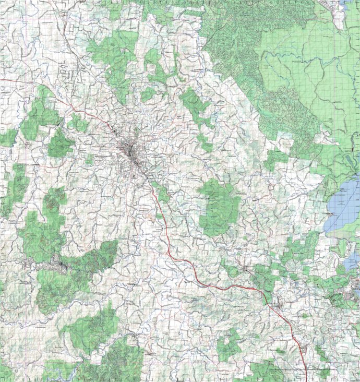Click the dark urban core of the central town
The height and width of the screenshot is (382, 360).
pos(129,151)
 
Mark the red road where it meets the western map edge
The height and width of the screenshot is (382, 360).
pos(2,80)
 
